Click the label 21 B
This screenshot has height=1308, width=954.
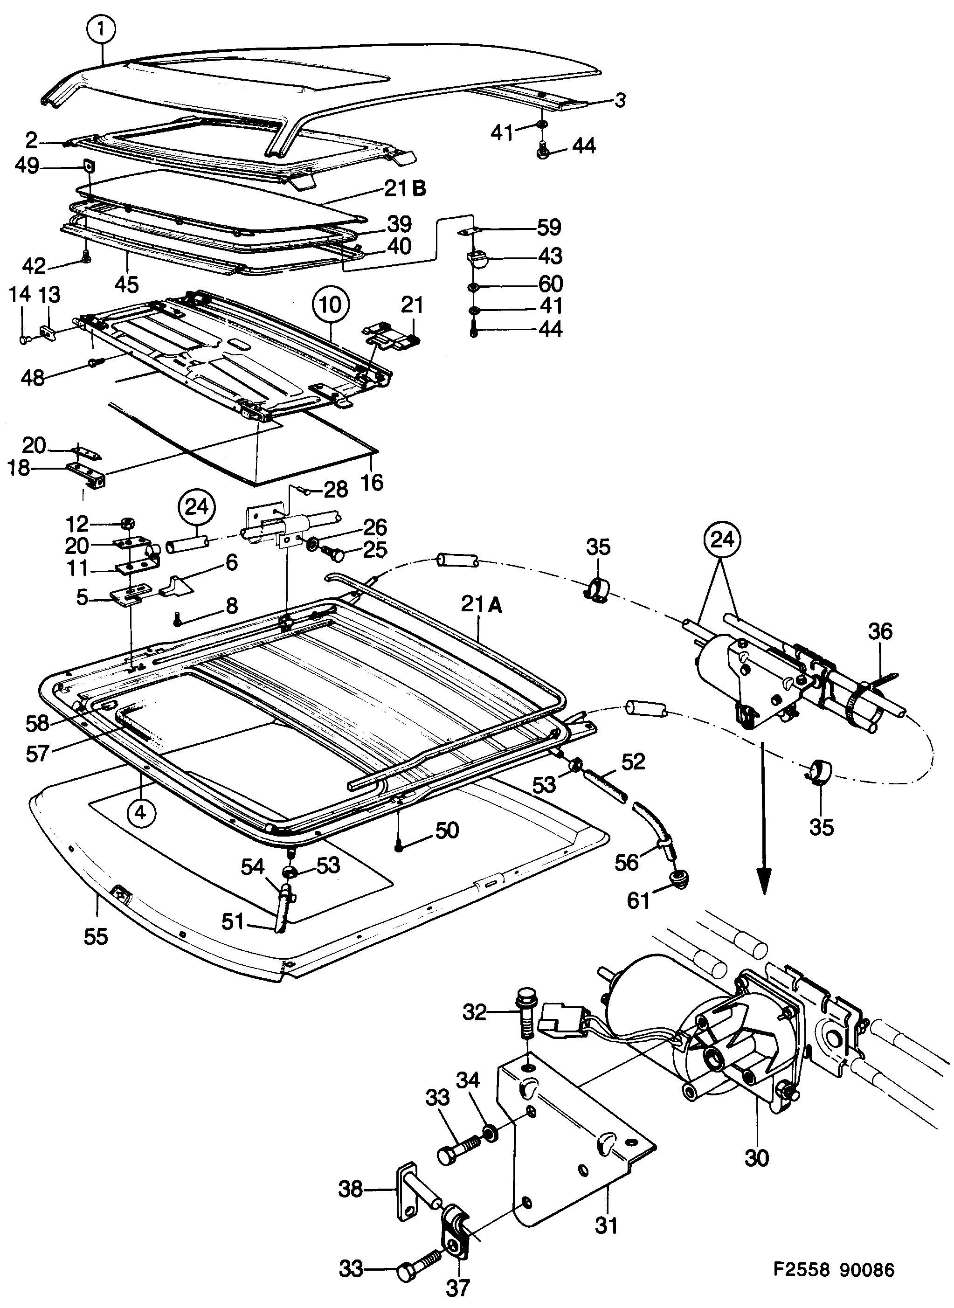click(x=405, y=189)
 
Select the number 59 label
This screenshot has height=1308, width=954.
click(x=549, y=228)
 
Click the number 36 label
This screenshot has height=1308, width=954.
click(x=881, y=631)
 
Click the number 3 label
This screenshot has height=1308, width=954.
click(x=619, y=100)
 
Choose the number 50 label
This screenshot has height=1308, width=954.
click(x=446, y=830)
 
